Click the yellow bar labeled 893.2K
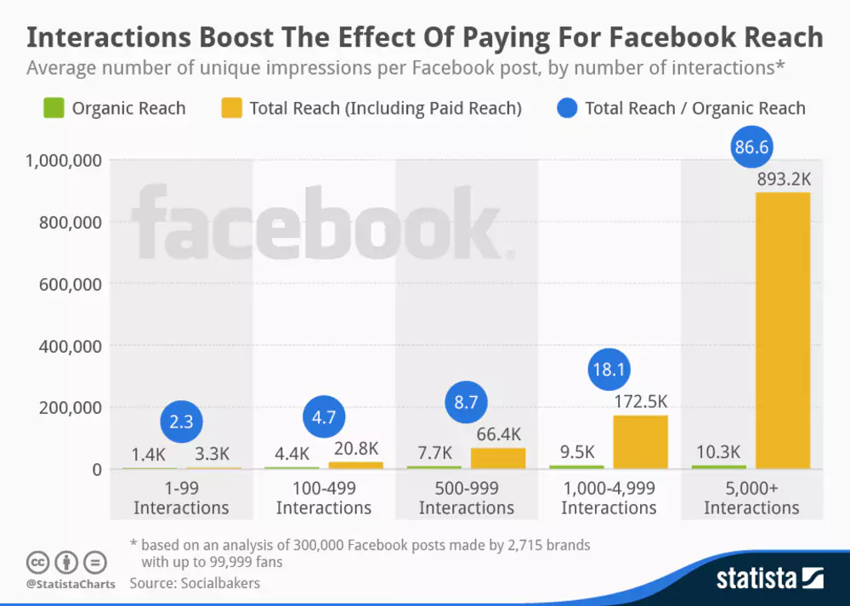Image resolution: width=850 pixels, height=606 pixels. click(x=782, y=331)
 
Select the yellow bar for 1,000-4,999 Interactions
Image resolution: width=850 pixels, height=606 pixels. click(x=640, y=442)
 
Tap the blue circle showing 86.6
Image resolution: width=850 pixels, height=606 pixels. click(x=751, y=148)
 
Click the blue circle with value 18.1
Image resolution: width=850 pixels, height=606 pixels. click(x=609, y=370)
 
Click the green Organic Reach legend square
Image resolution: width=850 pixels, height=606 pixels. click(x=54, y=108)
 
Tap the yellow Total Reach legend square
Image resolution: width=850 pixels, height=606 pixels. click(x=231, y=108)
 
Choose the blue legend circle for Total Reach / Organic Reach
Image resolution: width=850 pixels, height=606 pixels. click(x=569, y=108)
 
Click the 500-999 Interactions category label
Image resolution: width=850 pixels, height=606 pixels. click(x=466, y=498)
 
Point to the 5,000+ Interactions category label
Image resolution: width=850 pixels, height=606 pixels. click(x=751, y=498)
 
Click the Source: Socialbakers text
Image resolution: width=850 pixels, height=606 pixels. click(x=195, y=583)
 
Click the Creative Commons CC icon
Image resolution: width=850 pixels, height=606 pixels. click(x=37, y=563)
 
